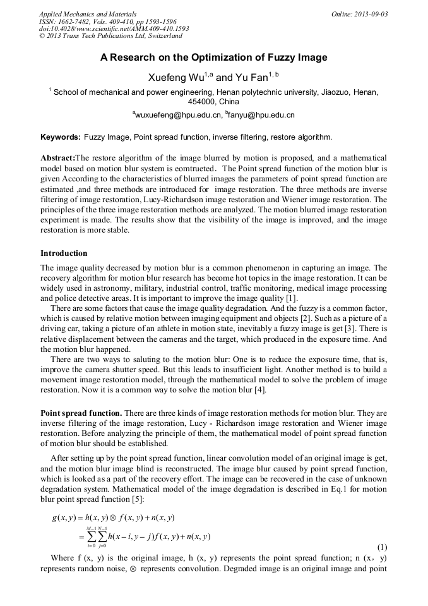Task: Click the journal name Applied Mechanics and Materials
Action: [87, 14]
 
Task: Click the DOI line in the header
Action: [114, 28]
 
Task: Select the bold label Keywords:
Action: [61, 137]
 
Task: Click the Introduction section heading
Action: [64, 253]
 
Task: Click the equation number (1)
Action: [381, 547]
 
